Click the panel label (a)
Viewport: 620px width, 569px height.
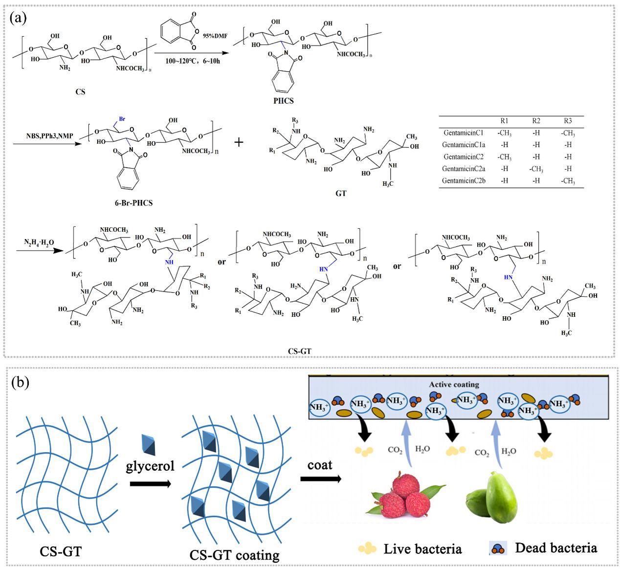click(x=18, y=18)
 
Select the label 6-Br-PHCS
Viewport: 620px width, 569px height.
click(x=133, y=202)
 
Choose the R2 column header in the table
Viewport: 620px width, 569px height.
click(x=536, y=121)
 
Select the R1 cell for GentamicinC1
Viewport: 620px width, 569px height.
click(x=504, y=133)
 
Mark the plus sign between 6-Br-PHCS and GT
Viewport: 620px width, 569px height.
click(x=239, y=142)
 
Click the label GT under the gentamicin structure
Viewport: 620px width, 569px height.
click(x=341, y=193)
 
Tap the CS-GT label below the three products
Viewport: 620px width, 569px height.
click(x=299, y=350)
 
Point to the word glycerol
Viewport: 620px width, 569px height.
click(x=150, y=466)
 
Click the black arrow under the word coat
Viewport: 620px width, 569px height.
click(x=320, y=479)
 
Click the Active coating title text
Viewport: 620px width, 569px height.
click(x=454, y=385)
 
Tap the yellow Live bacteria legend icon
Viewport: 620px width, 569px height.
click(x=367, y=548)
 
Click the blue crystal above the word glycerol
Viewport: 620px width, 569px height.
click(x=149, y=443)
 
